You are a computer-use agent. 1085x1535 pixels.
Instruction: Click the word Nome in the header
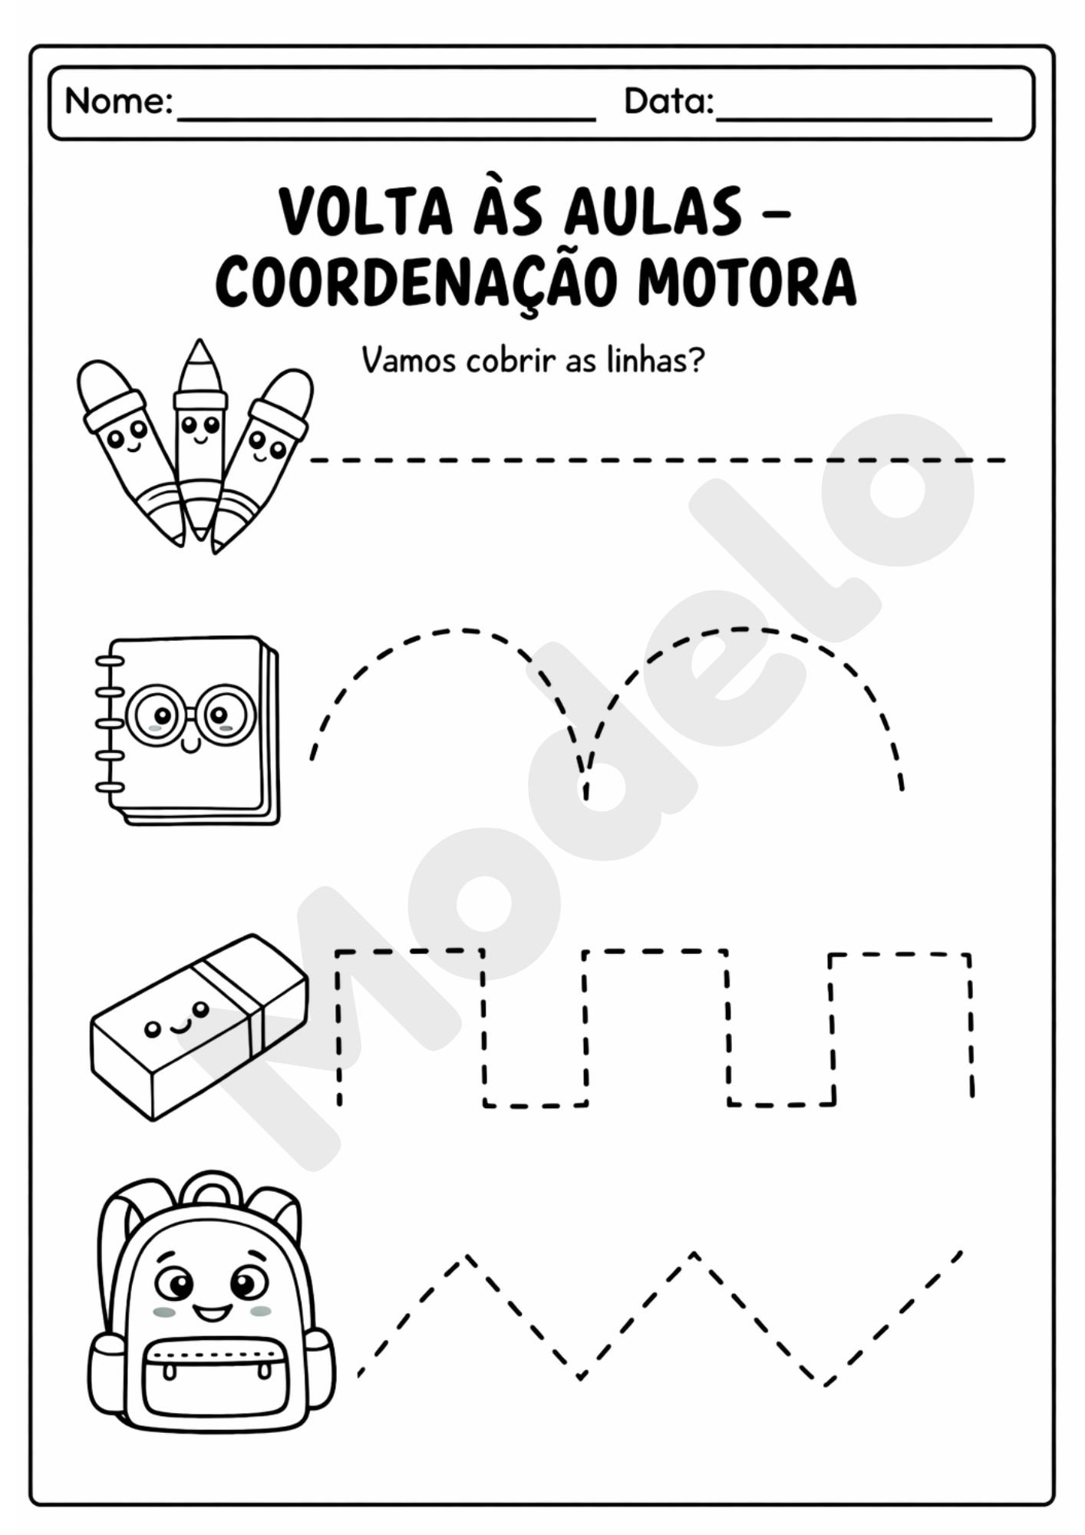(118, 101)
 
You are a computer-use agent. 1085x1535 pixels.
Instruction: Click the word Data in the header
(668, 101)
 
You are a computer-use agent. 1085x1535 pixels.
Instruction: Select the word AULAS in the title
(654, 213)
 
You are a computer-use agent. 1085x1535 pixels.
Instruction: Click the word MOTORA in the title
(746, 282)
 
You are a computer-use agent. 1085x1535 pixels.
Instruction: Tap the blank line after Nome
(386, 117)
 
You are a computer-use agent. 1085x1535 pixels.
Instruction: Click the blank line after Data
(853, 117)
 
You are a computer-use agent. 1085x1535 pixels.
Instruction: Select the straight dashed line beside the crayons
(658, 460)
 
